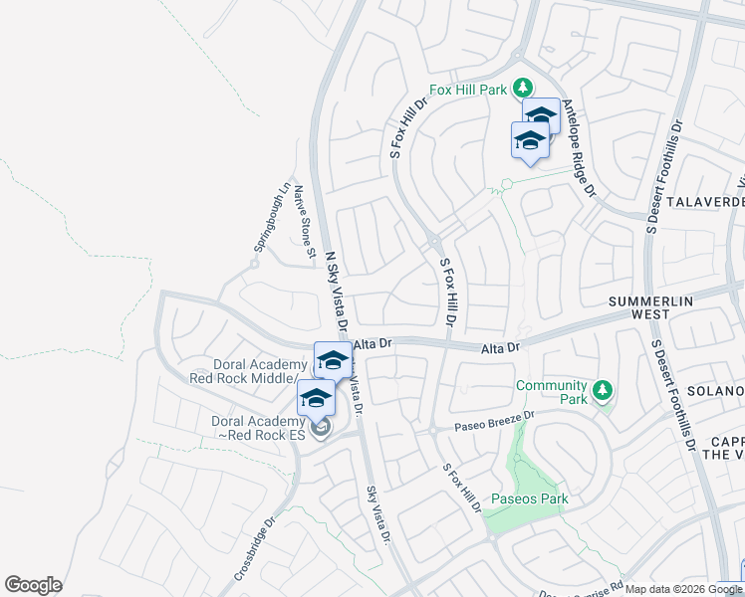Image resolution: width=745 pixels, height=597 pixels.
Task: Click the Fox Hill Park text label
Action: click(x=468, y=89)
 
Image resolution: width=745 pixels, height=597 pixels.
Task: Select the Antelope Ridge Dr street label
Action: click(x=578, y=148)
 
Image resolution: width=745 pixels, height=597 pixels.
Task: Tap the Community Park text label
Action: click(x=551, y=392)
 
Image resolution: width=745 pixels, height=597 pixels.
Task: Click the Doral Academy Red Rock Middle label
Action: click(x=248, y=371)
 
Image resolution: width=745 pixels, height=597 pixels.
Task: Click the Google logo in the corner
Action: click(x=33, y=585)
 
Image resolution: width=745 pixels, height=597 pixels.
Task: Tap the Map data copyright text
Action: click(x=684, y=589)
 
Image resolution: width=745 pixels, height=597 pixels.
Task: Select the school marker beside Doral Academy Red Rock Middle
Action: click(x=333, y=359)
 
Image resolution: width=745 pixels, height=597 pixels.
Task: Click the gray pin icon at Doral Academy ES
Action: click(x=320, y=429)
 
